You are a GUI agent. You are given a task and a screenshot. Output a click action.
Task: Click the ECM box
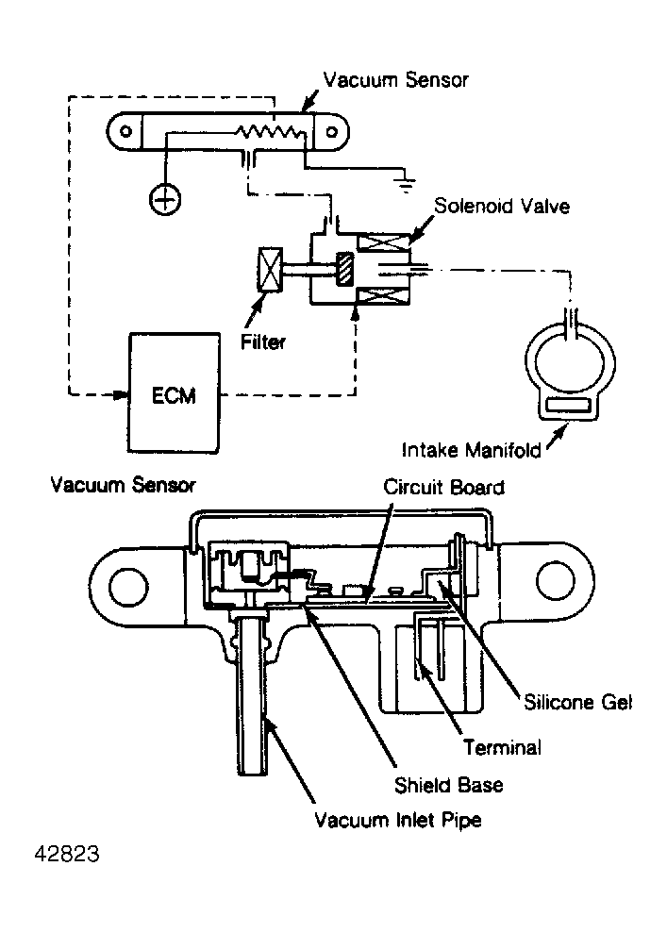pyautogui.click(x=175, y=393)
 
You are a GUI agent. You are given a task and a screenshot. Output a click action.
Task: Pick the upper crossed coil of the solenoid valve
pyautogui.click(x=389, y=242)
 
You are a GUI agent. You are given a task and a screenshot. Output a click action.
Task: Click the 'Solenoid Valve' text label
pyautogui.click(x=501, y=206)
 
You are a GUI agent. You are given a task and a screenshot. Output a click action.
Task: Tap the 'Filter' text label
pyautogui.click(x=263, y=342)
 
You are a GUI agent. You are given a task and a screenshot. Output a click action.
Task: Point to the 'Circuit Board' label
pyautogui.click(x=443, y=488)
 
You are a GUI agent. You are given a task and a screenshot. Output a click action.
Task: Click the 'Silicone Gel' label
pyautogui.click(x=575, y=702)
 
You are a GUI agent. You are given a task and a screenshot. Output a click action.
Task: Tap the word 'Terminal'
pyautogui.click(x=502, y=748)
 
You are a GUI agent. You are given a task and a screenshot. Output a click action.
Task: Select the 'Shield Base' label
pyautogui.click(x=435, y=785)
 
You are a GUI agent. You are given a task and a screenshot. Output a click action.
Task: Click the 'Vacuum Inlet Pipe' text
pyautogui.click(x=398, y=820)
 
